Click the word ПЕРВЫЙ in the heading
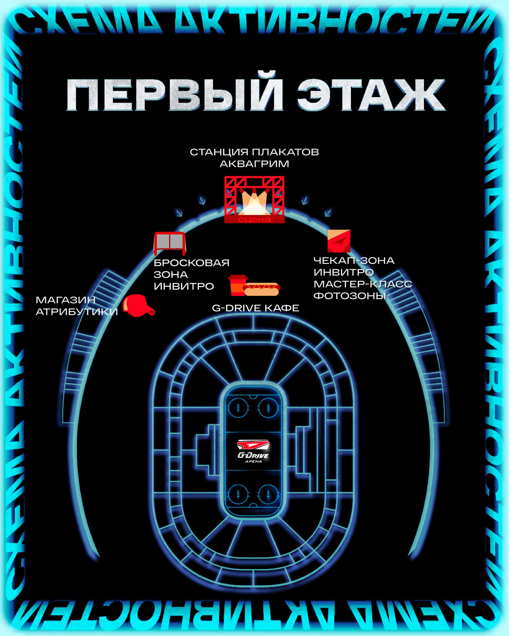coord(174,95)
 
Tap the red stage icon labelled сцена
coord(254,199)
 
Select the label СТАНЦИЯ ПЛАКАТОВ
coord(254,152)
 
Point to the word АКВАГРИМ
coord(254,164)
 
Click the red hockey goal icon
coord(170,243)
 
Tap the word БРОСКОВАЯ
coord(192,263)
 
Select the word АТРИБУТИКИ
coord(77,312)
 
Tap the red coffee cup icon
coord(238,285)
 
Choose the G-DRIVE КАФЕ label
coord(255,308)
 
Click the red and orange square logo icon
coord(339,241)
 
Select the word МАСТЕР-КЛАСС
coord(363,284)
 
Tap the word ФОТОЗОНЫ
coord(350,296)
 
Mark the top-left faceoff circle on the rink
coord(238,408)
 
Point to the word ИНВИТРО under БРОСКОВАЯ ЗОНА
coord(184,286)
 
